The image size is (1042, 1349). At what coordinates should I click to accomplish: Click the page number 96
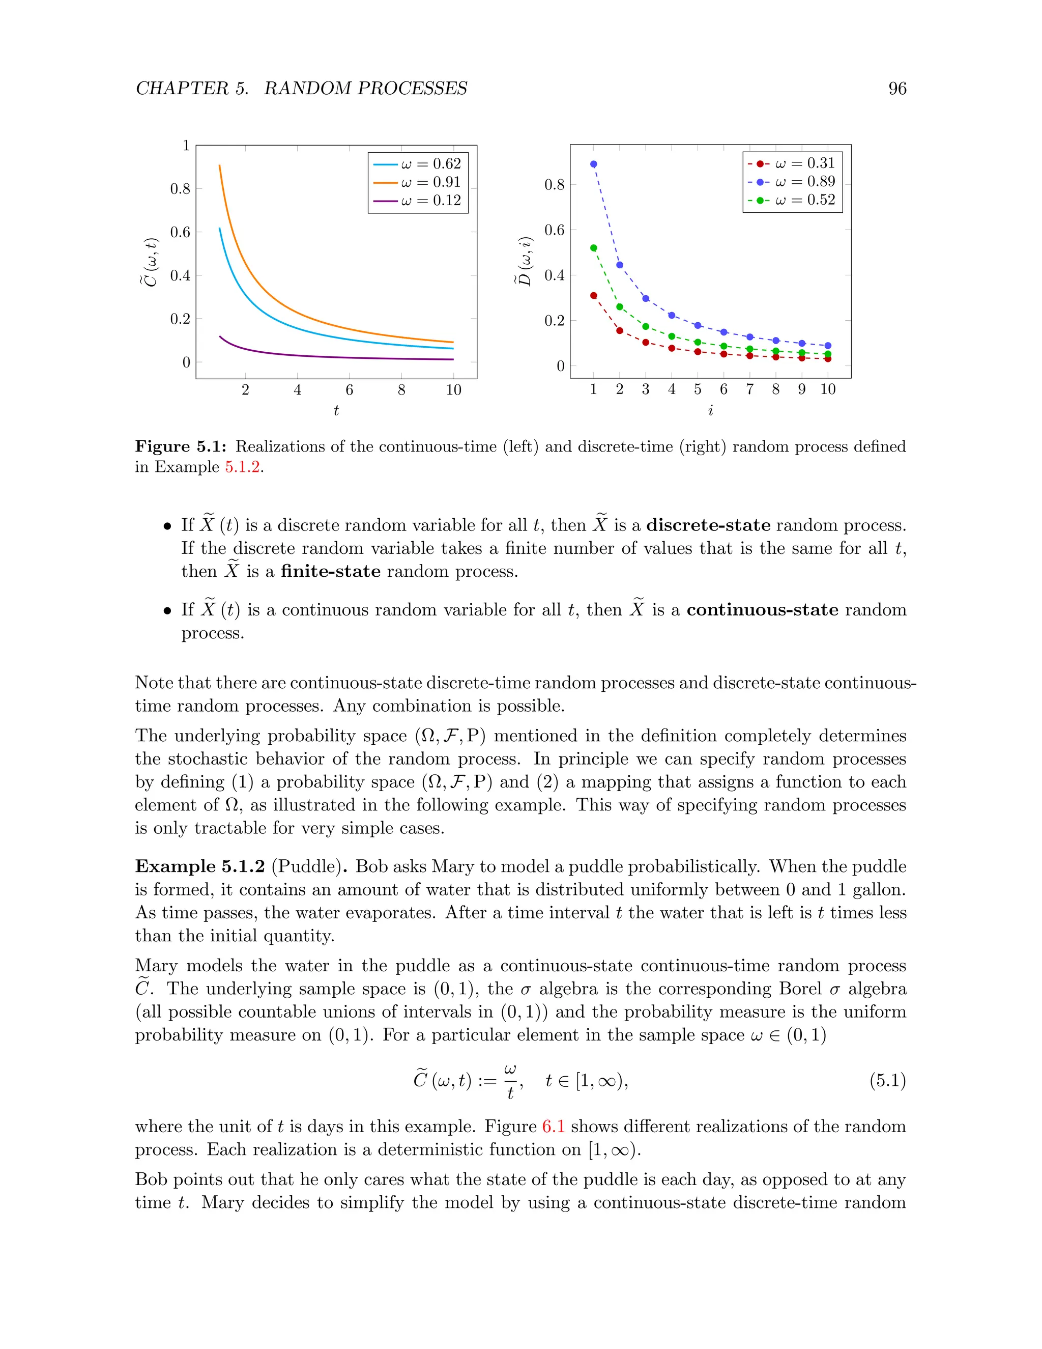coord(897,89)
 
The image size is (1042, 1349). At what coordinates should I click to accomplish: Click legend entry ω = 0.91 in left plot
coord(430,182)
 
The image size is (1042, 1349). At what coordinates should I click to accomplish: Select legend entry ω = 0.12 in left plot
coord(430,201)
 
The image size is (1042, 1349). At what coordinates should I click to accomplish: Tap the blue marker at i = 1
coord(594,164)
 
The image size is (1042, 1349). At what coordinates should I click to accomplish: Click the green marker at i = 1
coord(594,248)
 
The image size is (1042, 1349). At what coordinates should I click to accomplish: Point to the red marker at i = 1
coord(594,296)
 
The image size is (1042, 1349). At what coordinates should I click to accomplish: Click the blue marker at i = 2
coord(620,265)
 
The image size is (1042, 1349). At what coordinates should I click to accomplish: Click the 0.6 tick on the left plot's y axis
coord(180,232)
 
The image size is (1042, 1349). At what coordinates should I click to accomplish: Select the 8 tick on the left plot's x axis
coord(401,390)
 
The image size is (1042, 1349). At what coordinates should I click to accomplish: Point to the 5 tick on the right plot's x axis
coord(698,389)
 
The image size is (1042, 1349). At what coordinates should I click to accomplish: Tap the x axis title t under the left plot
coord(336,411)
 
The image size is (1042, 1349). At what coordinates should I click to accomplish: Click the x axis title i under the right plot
coord(710,411)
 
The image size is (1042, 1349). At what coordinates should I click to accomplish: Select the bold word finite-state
coord(330,571)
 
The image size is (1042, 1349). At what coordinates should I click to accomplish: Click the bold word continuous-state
coord(762,610)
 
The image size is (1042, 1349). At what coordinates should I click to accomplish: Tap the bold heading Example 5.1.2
coord(200,866)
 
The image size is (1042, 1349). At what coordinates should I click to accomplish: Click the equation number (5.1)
coord(887,1081)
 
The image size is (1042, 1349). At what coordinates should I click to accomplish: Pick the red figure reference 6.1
coord(553,1127)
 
